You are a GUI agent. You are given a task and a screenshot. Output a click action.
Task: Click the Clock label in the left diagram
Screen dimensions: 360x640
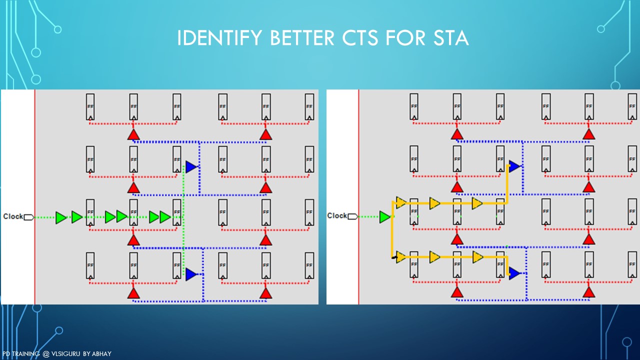[x=13, y=216]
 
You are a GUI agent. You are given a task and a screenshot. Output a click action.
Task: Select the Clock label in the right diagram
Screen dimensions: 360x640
[x=336, y=215]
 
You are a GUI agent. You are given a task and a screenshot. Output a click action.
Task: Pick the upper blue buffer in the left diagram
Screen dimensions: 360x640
[x=191, y=166]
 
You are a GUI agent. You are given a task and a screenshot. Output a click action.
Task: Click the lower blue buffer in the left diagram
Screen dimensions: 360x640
[x=191, y=274]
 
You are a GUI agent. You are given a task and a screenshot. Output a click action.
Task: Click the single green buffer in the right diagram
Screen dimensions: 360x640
[x=384, y=217]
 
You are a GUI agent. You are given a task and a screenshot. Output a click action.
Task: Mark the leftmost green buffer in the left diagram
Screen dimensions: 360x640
[x=61, y=217]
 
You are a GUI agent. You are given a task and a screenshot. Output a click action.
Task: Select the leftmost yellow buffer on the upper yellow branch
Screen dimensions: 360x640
[x=400, y=202]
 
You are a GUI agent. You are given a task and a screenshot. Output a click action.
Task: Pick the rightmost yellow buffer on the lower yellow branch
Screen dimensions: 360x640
[x=477, y=257]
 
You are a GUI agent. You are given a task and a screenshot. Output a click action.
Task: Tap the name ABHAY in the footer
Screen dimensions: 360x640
[x=101, y=354]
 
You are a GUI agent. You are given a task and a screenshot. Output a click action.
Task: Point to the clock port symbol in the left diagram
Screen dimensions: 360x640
[x=29, y=217]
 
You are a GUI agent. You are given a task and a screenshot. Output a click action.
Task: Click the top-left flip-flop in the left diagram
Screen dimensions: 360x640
[x=90, y=106]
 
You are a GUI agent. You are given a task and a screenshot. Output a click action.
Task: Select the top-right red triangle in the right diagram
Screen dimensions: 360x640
[x=588, y=134]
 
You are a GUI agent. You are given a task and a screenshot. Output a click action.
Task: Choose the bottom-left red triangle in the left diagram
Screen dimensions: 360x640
[x=133, y=293]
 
